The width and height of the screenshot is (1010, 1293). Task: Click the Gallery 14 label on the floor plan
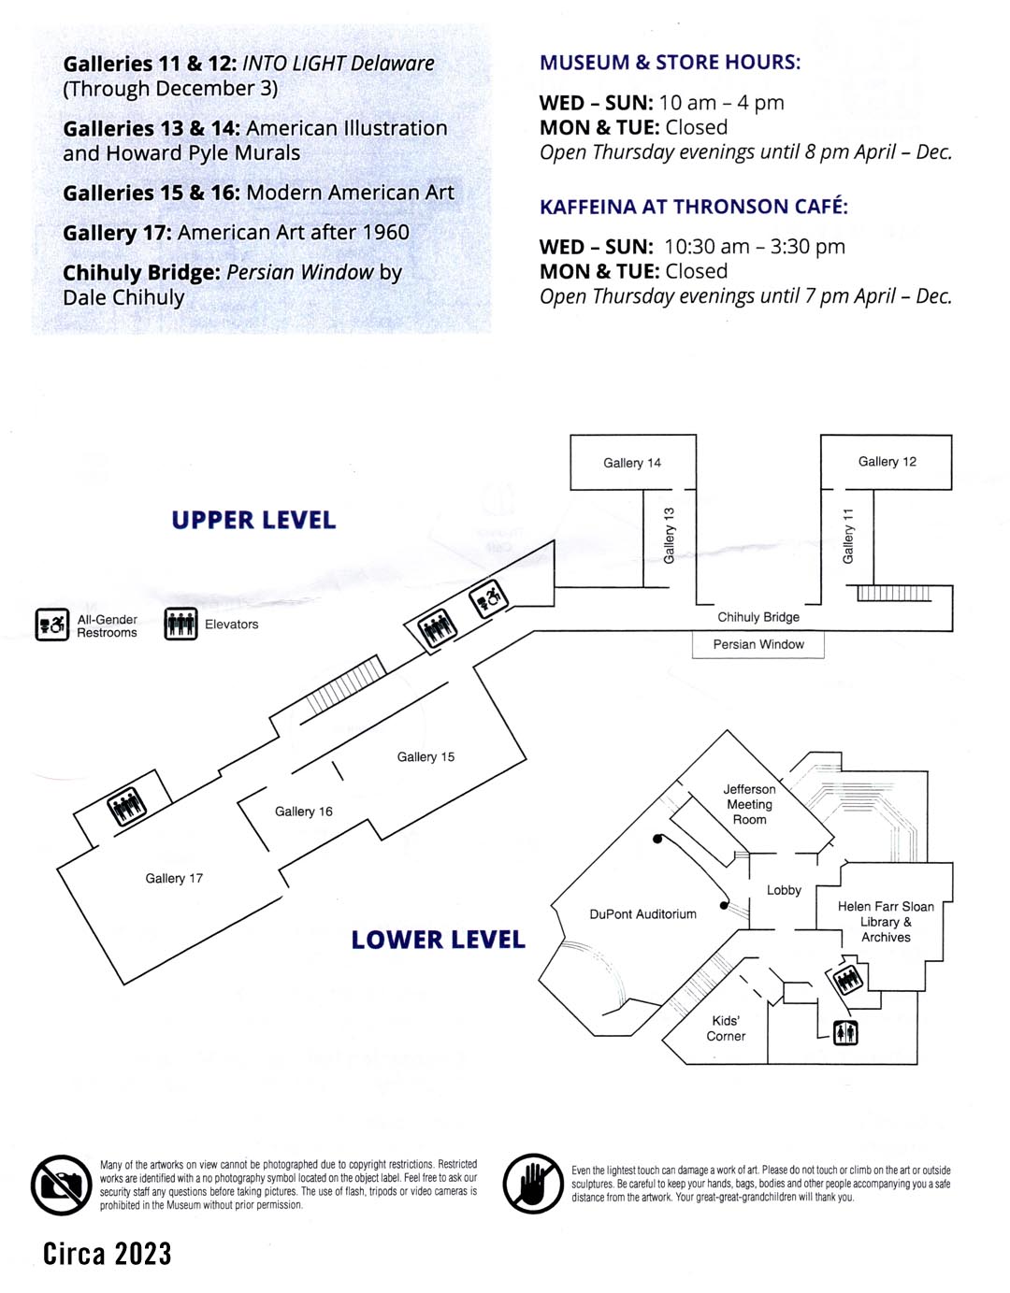(632, 463)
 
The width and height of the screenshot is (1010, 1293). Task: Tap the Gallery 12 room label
(887, 461)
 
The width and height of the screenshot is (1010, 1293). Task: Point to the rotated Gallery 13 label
(669, 536)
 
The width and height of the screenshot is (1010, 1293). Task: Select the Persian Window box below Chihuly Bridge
(758, 644)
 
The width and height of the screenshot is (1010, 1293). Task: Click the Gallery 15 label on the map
(426, 756)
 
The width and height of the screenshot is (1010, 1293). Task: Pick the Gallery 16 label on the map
(304, 812)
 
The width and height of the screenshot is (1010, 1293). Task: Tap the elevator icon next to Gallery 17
(127, 805)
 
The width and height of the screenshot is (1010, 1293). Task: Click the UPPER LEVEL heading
(253, 520)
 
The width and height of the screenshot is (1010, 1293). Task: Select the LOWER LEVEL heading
(438, 940)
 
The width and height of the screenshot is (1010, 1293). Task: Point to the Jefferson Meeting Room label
(749, 804)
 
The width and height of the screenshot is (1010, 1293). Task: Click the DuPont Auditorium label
(642, 913)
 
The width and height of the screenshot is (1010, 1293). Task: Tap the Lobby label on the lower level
(784, 890)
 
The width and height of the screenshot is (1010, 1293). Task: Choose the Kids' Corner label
(726, 1028)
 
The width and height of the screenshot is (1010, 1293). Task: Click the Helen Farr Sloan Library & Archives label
(886, 921)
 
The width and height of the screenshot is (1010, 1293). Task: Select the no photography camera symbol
(61, 1185)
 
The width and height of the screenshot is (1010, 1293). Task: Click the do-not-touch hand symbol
(533, 1184)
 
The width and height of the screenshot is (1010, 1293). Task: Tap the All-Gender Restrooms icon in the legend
(52, 625)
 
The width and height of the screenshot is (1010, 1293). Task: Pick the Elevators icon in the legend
(180, 624)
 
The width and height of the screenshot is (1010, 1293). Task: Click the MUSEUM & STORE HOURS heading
(670, 63)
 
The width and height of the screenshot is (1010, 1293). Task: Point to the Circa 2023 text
(108, 1254)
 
